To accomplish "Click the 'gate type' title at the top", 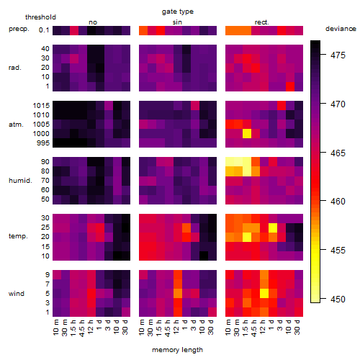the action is click(178, 12).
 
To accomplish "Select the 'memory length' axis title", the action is click(177, 350).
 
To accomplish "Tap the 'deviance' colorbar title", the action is click(341, 29).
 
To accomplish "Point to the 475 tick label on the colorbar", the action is click(338, 55).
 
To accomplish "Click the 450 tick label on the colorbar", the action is click(338, 300).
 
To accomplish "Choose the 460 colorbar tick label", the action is click(338, 202).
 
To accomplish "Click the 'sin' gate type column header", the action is click(177, 22).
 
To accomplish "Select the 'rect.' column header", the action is click(262, 22).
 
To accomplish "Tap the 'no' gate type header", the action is click(93, 22).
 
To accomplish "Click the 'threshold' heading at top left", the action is click(40, 17).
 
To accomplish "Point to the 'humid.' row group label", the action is click(20, 181).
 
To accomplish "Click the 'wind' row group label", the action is click(17, 294).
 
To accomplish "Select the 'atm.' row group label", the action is click(16, 125).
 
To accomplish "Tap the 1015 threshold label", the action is click(41, 106).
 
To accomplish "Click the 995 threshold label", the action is click(43, 143).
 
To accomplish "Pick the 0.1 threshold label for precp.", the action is click(44, 30).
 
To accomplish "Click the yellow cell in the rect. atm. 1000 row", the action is click(247, 134).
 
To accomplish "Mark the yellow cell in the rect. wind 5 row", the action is click(264, 294).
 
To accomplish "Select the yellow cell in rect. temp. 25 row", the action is click(273, 228).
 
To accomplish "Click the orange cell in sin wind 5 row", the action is click(178, 294).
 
